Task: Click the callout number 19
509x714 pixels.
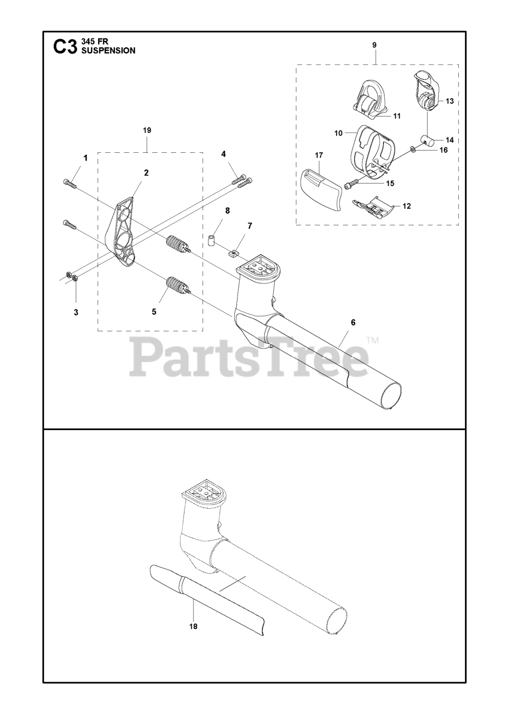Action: click(147, 130)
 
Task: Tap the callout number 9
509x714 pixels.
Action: click(374, 44)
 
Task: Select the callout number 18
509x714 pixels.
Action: click(193, 626)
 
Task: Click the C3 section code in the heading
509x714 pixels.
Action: click(65, 47)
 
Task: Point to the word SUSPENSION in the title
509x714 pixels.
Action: click(108, 50)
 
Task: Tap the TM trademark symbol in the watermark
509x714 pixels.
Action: click(372, 340)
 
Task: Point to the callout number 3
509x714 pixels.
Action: click(76, 312)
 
